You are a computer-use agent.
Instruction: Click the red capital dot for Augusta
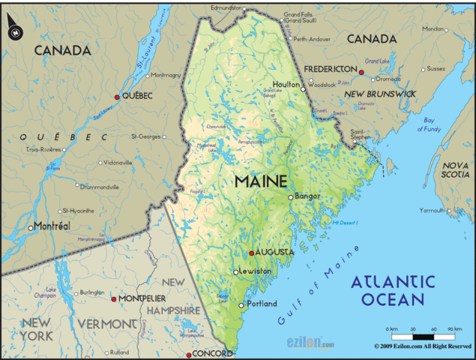[251, 253]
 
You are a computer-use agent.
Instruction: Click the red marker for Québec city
[116, 97]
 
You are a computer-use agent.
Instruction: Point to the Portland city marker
[241, 305]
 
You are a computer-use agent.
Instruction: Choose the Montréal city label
[53, 226]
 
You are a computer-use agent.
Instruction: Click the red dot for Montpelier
[113, 299]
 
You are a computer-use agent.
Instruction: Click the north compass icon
[14, 31]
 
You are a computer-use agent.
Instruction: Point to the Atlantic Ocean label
[393, 291]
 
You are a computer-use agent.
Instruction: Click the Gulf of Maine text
[319, 283]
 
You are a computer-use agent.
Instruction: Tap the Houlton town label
[286, 85]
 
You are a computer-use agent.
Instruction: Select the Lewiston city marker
[235, 272]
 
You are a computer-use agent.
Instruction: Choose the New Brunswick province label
[380, 93]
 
